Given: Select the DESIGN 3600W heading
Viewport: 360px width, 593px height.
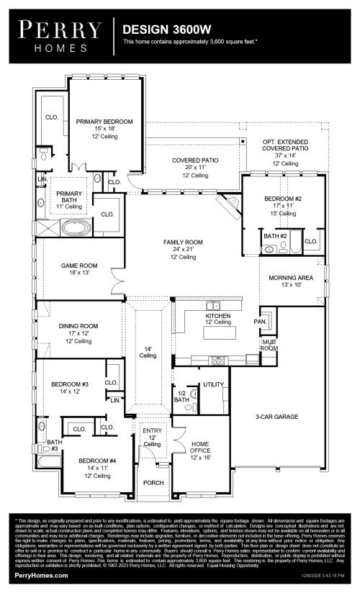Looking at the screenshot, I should (x=166, y=30).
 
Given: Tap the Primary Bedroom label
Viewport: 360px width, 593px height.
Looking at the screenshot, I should (x=104, y=122).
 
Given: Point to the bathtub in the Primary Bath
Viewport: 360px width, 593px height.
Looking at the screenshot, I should (x=76, y=229).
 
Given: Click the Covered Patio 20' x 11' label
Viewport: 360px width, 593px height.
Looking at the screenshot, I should (x=190, y=160).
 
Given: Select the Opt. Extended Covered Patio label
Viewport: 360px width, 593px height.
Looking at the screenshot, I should (x=286, y=148).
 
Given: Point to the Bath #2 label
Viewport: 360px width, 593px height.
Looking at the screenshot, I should (x=275, y=236).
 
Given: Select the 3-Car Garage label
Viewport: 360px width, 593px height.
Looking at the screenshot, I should (x=277, y=417).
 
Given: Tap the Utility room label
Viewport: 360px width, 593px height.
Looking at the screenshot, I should (x=212, y=384).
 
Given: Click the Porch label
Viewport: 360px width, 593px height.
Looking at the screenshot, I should (x=152, y=482).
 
